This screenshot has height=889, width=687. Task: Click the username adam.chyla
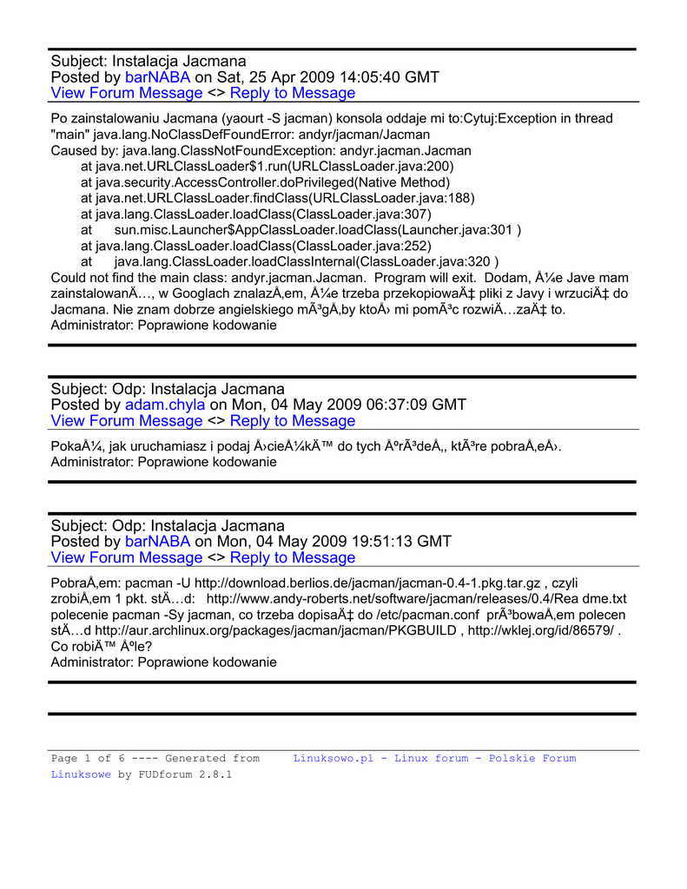tap(165, 405)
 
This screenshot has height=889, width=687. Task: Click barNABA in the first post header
tap(158, 77)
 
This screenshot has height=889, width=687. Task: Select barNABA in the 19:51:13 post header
tap(158, 542)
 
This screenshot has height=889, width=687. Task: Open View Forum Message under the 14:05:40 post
tap(127, 93)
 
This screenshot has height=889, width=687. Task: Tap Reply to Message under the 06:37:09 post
tap(293, 421)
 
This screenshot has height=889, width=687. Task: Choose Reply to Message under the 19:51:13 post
tap(293, 557)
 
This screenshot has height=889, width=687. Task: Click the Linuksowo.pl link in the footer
tap(434, 758)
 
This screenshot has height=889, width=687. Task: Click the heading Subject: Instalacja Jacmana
tap(149, 61)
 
